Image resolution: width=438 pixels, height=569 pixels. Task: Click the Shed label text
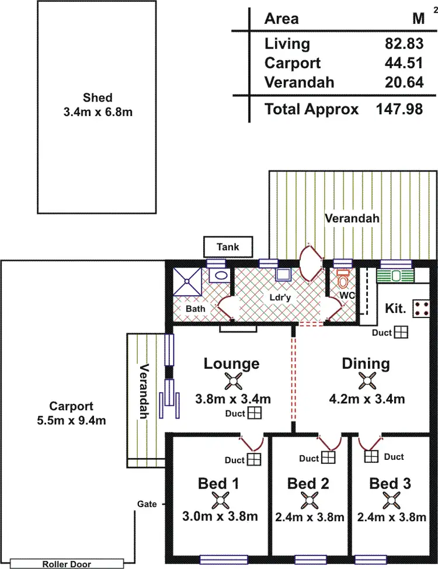pos(98,97)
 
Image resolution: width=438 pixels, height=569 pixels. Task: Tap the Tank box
pos(228,247)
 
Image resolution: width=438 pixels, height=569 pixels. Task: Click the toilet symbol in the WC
pos(343,278)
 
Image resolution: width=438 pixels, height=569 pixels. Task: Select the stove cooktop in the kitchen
pos(421,309)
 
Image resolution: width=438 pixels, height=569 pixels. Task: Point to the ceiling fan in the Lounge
pos(233,381)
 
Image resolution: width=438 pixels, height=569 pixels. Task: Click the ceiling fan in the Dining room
pos(367,381)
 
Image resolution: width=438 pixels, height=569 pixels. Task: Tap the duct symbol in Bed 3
pos(371,456)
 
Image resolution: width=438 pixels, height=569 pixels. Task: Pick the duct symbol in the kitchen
pos(401,332)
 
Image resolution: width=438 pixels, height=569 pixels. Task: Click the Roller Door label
pos(67,564)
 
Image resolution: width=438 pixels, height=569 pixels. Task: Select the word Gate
pos(147,504)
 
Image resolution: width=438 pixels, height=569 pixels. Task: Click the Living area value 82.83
pos(404,44)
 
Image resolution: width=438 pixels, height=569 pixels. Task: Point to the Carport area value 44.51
pos(404,63)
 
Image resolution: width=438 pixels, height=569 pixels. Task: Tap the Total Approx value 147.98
pos(399,109)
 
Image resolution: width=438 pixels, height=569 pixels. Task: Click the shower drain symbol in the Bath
pos(187,281)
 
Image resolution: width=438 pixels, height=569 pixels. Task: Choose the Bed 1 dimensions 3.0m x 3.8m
pos(220,516)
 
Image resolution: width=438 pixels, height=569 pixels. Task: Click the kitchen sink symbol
pos(395,276)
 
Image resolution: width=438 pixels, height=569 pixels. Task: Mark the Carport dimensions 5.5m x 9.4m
pos(72,421)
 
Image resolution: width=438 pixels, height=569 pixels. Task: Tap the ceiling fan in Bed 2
pos(310,501)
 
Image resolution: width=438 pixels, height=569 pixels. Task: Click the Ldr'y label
pos(280,298)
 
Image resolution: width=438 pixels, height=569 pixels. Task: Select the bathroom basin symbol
pos(220,275)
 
